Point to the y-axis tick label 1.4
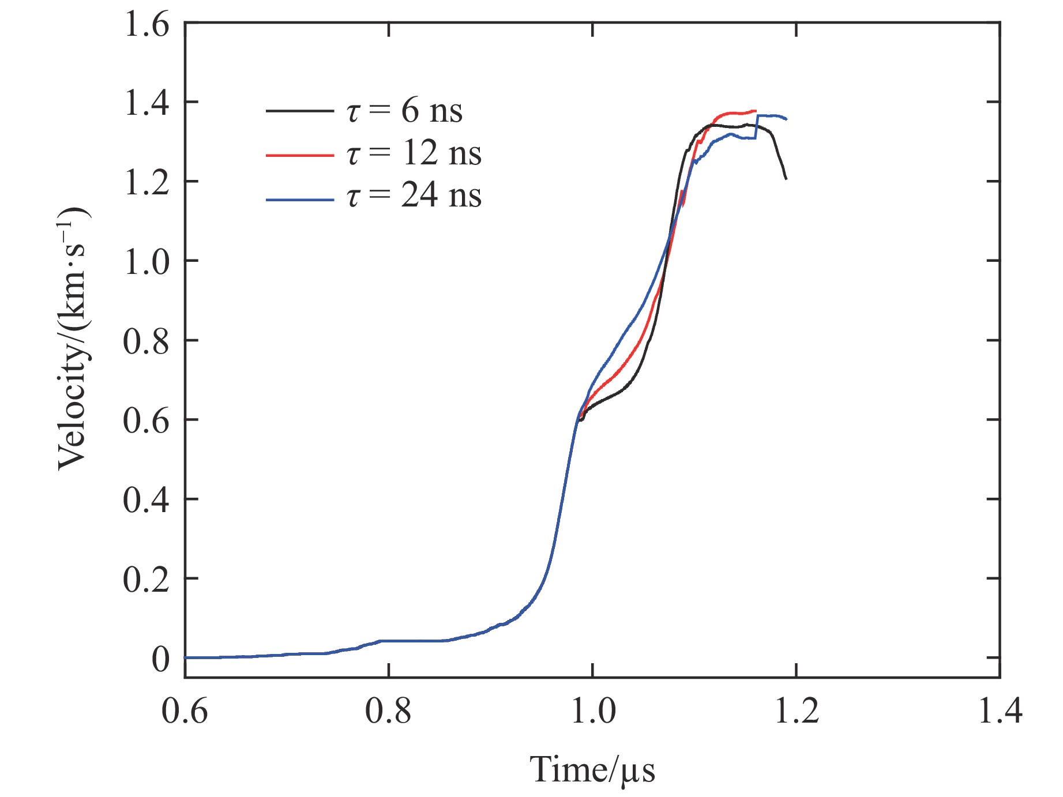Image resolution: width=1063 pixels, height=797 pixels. pos(147,104)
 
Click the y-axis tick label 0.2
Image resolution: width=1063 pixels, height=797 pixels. pos(147,580)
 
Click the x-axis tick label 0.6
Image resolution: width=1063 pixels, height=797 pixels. pos(185,710)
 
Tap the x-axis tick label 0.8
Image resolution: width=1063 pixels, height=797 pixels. pos(388,710)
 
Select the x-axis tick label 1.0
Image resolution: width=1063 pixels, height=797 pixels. pos(592,710)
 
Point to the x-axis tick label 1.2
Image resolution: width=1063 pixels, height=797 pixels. pos(796,710)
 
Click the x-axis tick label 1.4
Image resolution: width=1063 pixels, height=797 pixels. pos(1000,710)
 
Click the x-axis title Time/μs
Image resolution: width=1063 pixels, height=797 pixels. pos(592,770)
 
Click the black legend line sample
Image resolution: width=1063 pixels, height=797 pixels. pos(299,110)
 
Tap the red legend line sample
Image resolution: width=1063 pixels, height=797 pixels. pos(299,155)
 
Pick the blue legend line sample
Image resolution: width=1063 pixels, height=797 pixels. pos(299,200)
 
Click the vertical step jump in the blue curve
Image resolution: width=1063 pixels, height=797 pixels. pos(756,127)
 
